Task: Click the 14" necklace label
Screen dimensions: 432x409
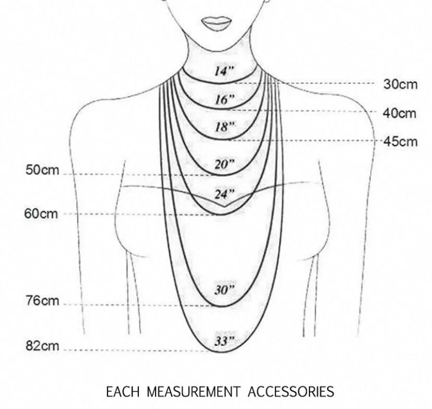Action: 225,71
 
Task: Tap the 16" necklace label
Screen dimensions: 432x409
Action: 225,100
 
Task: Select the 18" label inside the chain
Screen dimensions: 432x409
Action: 225,127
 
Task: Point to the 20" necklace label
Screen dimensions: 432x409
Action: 225,164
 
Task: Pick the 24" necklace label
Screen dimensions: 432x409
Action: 225,194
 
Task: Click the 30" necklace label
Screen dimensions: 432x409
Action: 225,290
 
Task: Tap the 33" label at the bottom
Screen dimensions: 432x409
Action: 225,341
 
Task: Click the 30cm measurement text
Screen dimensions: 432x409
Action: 400,84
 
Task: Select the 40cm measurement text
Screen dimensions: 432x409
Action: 400,113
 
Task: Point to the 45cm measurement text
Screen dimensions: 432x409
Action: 400,141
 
